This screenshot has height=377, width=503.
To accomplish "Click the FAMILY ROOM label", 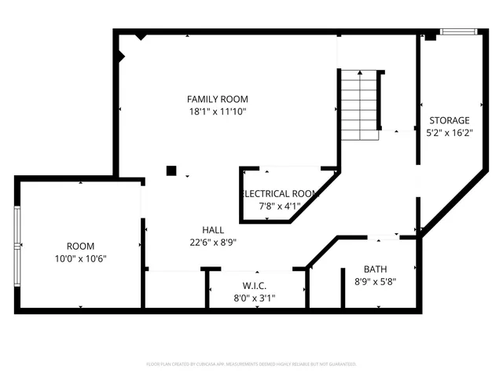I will [217, 99].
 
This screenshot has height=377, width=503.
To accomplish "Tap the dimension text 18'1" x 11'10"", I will [217, 112].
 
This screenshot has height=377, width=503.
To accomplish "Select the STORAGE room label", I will [449, 120].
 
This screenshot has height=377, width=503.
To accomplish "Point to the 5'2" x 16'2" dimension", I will [449, 133].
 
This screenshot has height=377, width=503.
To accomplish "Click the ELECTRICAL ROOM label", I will [280, 193].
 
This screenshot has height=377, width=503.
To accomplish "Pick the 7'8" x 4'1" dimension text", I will [280, 206].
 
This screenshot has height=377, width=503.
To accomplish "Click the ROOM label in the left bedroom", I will [79, 246].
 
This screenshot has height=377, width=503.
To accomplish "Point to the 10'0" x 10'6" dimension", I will [79, 258].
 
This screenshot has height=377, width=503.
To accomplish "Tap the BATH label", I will [375, 269].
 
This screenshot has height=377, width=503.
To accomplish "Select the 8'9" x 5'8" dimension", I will [375, 281].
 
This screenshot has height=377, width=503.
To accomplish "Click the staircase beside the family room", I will [359, 104].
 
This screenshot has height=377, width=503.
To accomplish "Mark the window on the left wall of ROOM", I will [17, 244].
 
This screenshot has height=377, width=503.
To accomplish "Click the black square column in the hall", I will [171, 170].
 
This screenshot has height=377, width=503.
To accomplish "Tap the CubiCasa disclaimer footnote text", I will [251, 364].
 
